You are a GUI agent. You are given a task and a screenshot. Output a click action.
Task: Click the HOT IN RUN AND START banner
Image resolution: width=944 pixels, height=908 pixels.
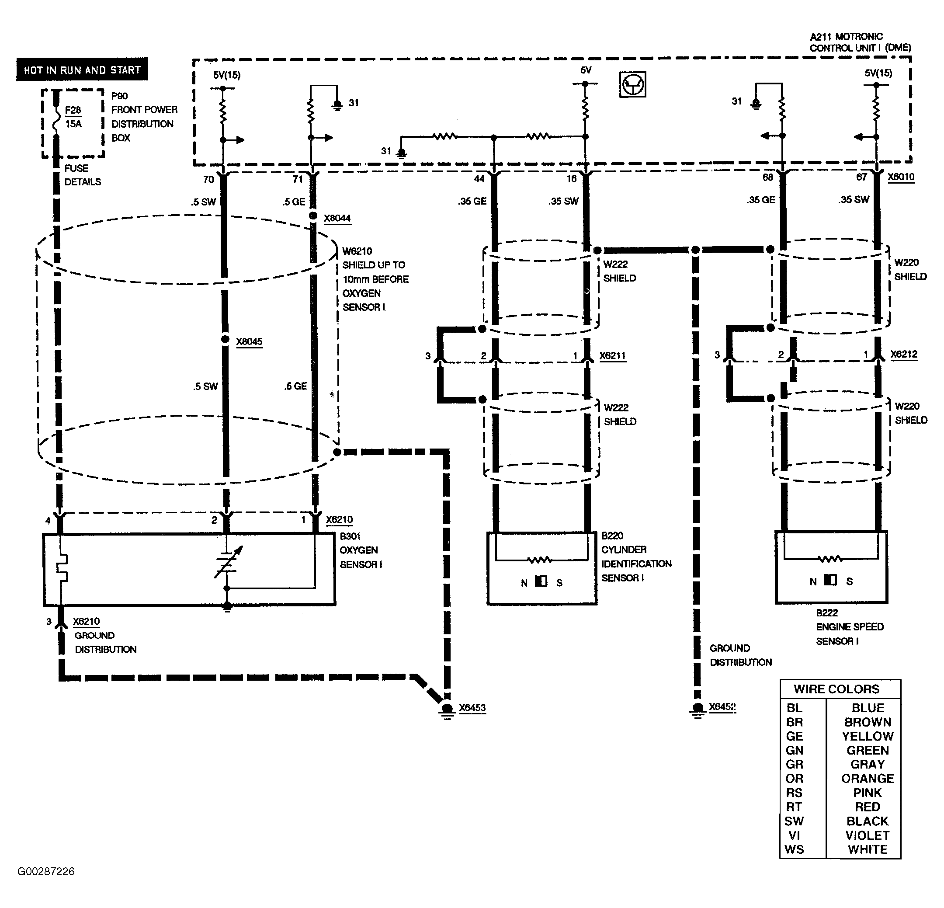click(82, 70)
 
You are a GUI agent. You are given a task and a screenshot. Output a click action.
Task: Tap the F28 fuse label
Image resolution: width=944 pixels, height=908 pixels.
click(73, 110)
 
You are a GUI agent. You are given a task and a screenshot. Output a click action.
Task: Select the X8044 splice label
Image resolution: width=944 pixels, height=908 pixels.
click(337, 218)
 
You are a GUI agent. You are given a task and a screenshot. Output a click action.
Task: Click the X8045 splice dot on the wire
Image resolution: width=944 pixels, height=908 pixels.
click(225, 339)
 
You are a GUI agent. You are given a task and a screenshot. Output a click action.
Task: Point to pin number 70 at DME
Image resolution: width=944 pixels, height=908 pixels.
click(208, 179)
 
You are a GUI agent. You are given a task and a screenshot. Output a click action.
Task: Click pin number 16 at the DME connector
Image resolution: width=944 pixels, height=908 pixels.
click(571, 179)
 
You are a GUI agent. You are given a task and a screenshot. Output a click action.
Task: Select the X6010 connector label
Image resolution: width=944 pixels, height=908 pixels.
click(901, 176)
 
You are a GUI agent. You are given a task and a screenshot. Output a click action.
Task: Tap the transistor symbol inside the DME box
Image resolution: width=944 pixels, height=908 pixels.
click(632, 85)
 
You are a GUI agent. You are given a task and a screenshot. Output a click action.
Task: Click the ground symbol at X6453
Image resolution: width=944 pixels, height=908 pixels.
click(447, 710)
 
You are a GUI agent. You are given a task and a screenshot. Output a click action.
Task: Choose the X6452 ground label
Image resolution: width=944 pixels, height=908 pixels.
click(722, 706)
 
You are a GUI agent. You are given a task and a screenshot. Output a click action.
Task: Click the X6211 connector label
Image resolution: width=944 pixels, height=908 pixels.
click(612, 355)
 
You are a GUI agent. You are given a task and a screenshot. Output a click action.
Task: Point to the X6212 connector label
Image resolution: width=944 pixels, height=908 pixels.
click(903, 354)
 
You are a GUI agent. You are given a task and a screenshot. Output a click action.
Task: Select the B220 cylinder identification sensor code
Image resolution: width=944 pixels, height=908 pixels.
click(612, 535)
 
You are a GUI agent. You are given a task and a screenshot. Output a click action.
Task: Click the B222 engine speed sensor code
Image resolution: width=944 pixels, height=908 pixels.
click(826, 613)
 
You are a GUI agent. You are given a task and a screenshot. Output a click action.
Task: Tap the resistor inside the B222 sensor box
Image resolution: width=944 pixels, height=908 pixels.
click(830, 559)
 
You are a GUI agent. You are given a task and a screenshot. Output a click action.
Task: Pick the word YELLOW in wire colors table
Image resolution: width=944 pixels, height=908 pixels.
click(867, 736)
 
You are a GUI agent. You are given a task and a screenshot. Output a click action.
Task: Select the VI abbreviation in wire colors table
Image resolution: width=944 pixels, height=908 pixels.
click(794, 835)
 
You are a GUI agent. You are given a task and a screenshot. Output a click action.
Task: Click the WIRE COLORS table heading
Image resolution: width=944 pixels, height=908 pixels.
click(836, 689)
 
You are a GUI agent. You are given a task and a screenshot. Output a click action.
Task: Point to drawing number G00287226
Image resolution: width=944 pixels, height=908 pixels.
click(46, 871)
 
